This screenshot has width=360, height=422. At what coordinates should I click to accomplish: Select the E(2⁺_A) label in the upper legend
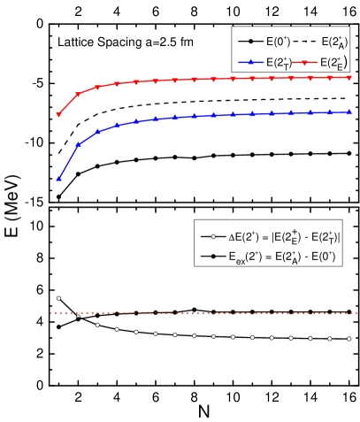334,42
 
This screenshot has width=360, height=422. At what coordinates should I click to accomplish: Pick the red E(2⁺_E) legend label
334,63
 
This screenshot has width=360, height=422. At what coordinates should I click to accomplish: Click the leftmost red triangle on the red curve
58,115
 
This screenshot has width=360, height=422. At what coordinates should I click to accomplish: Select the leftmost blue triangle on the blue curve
58,179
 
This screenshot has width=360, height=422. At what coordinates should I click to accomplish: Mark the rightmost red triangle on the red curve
349,78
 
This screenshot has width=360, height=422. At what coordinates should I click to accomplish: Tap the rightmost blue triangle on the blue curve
349,112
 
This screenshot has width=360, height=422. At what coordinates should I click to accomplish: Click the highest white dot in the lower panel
58,298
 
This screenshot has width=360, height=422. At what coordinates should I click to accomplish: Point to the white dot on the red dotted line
78,314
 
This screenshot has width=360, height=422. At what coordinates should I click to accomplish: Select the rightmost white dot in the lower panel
349,338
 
